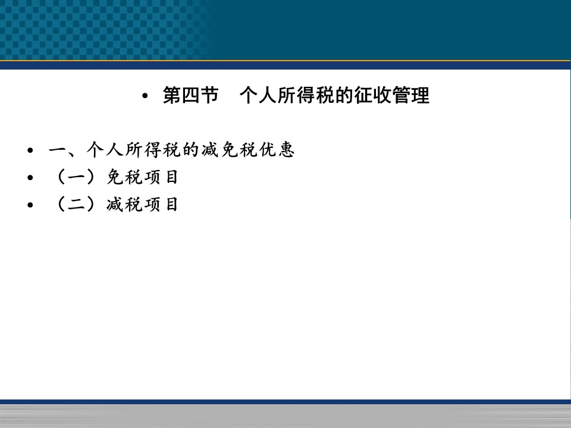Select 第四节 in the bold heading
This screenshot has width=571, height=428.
click(x=190, y=95)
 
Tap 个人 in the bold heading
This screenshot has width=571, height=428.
click(x=258, y=95)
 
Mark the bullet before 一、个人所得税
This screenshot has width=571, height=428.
click(x=30, y=150)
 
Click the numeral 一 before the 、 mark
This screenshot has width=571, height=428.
click(x=58, y=150)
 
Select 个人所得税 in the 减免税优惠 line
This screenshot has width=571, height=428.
click(x=134, y=150)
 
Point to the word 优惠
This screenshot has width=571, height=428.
click(x=277, y=150)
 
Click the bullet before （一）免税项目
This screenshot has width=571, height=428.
click(x=30, y=178)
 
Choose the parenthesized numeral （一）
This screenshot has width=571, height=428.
click(x=76, y=177)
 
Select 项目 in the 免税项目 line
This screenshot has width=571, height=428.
click(x=161, y=177)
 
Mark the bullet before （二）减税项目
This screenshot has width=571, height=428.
click(x=30, y=205)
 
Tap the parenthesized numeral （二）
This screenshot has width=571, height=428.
click(x=76, y=204)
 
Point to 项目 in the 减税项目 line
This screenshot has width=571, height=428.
click(x=161, y=204)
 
